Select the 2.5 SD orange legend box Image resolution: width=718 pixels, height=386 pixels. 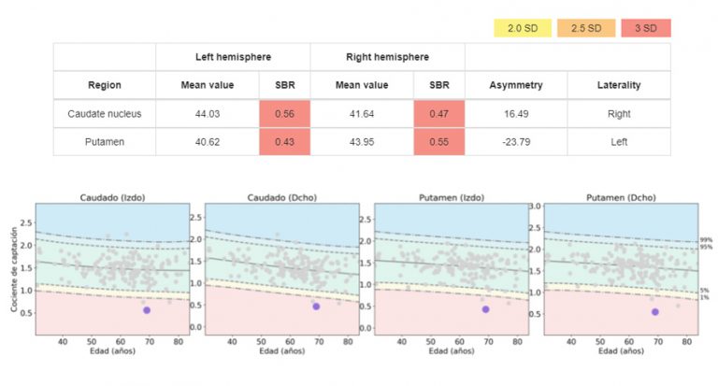click(586, 27)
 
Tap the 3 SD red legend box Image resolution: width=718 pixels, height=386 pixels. click(644, 27)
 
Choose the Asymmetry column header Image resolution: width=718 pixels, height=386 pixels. click(515, 85)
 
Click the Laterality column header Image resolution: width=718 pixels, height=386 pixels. click(618, 85)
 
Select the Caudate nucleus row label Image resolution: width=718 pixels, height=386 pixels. click(105, 114)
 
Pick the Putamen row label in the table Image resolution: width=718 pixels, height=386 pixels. click(105, 141)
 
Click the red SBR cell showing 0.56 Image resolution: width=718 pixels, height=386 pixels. click(284, 114)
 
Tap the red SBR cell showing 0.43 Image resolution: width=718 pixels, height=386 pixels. click(284, 141)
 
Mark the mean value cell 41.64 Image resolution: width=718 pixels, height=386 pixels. click(362, 114)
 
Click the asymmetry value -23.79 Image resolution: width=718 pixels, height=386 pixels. click(515, 141)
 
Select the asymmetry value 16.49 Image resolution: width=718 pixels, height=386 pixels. click(515, 114)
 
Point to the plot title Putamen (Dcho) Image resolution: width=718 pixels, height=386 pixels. click(621, 195)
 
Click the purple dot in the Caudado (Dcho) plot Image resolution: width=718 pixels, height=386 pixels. click(316, 307)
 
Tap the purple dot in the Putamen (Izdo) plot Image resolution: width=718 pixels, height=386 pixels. click(485, 309)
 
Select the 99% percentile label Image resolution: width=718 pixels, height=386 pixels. click(707, 241)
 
